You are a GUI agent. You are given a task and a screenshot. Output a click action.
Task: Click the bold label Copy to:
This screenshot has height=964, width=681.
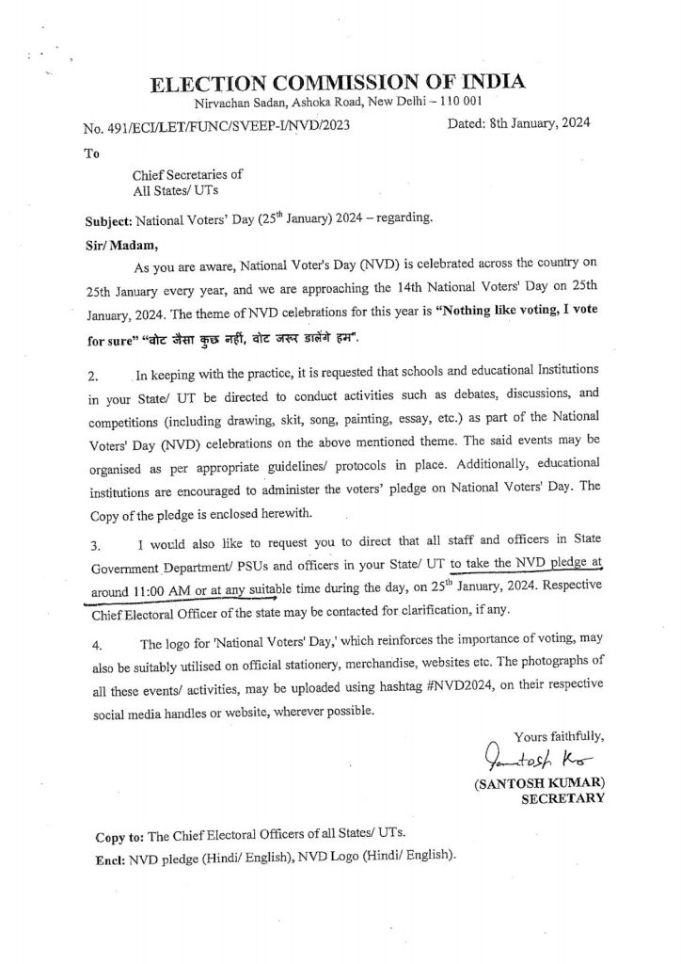click(x=126, y=837)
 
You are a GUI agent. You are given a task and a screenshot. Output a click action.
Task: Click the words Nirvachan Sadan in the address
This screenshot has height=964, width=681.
click(x=234, y=103)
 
